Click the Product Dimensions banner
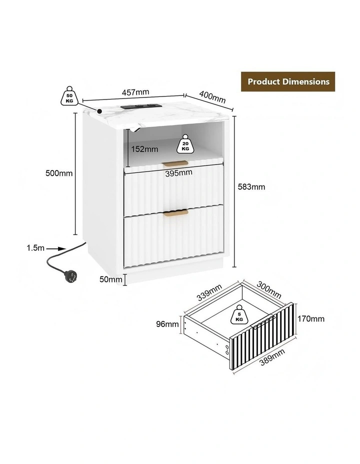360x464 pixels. pos(288,81)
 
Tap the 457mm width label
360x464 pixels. pos(135,92)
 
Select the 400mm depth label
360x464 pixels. pos(212,97)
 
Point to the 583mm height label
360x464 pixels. pos(251,186)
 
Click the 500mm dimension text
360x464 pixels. pos(59,173)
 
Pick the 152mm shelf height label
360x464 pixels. pos(144,149)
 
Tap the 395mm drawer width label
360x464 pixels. pos(178,173)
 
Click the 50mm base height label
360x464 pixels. pos(110,279)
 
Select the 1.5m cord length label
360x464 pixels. pos(35,248)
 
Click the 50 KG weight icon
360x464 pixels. pos(69,96)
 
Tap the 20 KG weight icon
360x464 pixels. pos(185,144)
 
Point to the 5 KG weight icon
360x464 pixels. pos(239,314)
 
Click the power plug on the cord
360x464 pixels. pos(70,276)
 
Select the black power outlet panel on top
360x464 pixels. pos(141,106)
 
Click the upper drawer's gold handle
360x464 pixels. pos(175,163)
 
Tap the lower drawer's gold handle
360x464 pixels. pos(175,213)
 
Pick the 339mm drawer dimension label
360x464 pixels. pos(209,292)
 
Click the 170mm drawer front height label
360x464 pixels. pos(311,318)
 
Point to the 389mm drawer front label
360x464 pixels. pos(272,357)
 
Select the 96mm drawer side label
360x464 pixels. pos(167,324)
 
